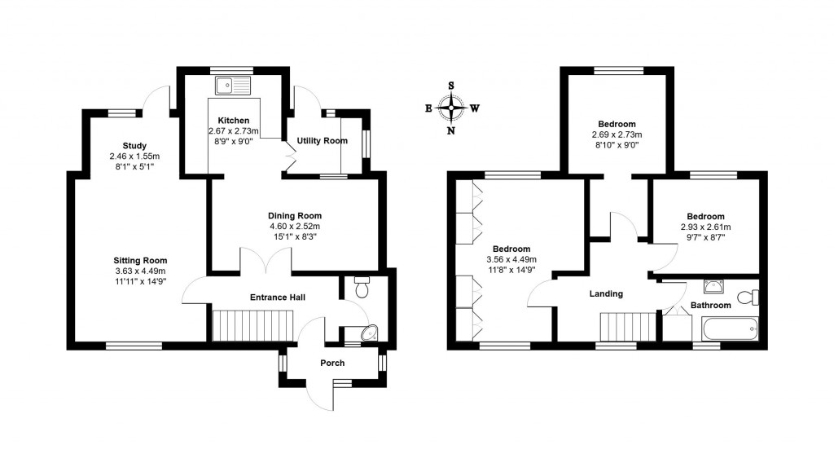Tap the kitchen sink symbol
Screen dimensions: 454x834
[235, 84]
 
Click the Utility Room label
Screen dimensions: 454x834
[322, 141]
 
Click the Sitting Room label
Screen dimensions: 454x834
[140, 261]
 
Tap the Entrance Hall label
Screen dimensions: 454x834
[277, 298]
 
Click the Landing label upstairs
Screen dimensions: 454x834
[606, 294]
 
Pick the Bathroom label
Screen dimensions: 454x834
[710, 306]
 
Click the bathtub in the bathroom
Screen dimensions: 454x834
[729, 330]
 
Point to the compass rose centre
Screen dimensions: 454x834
[451, 107]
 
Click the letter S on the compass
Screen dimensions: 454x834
[451, 85]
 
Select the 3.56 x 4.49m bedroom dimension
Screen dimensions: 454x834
[511, 260]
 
